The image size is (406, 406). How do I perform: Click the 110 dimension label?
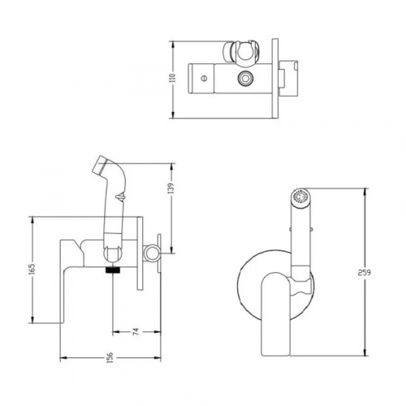(174, 78)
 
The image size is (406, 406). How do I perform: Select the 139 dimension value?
(171, 188)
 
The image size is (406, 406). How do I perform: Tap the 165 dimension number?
(32, 269)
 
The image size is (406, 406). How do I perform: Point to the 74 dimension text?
(136, 331)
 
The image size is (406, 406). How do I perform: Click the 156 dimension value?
(110, 357)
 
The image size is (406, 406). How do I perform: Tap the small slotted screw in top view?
(203, 79)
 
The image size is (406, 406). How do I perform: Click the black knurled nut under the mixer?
(113, 270)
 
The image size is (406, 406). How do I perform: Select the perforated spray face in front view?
(300, 197)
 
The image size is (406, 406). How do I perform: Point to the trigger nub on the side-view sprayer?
(121, 197)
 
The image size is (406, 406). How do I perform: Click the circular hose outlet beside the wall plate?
(151, 253)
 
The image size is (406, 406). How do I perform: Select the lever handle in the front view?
(275, 314)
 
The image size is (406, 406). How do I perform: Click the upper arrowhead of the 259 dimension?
(365, 192)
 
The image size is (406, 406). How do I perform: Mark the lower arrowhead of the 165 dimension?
(32, 319)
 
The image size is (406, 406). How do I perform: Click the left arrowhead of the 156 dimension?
(63, 358)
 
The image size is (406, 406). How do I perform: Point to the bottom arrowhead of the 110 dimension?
(172, 114)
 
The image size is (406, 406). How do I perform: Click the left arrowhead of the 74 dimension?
(116, 332)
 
